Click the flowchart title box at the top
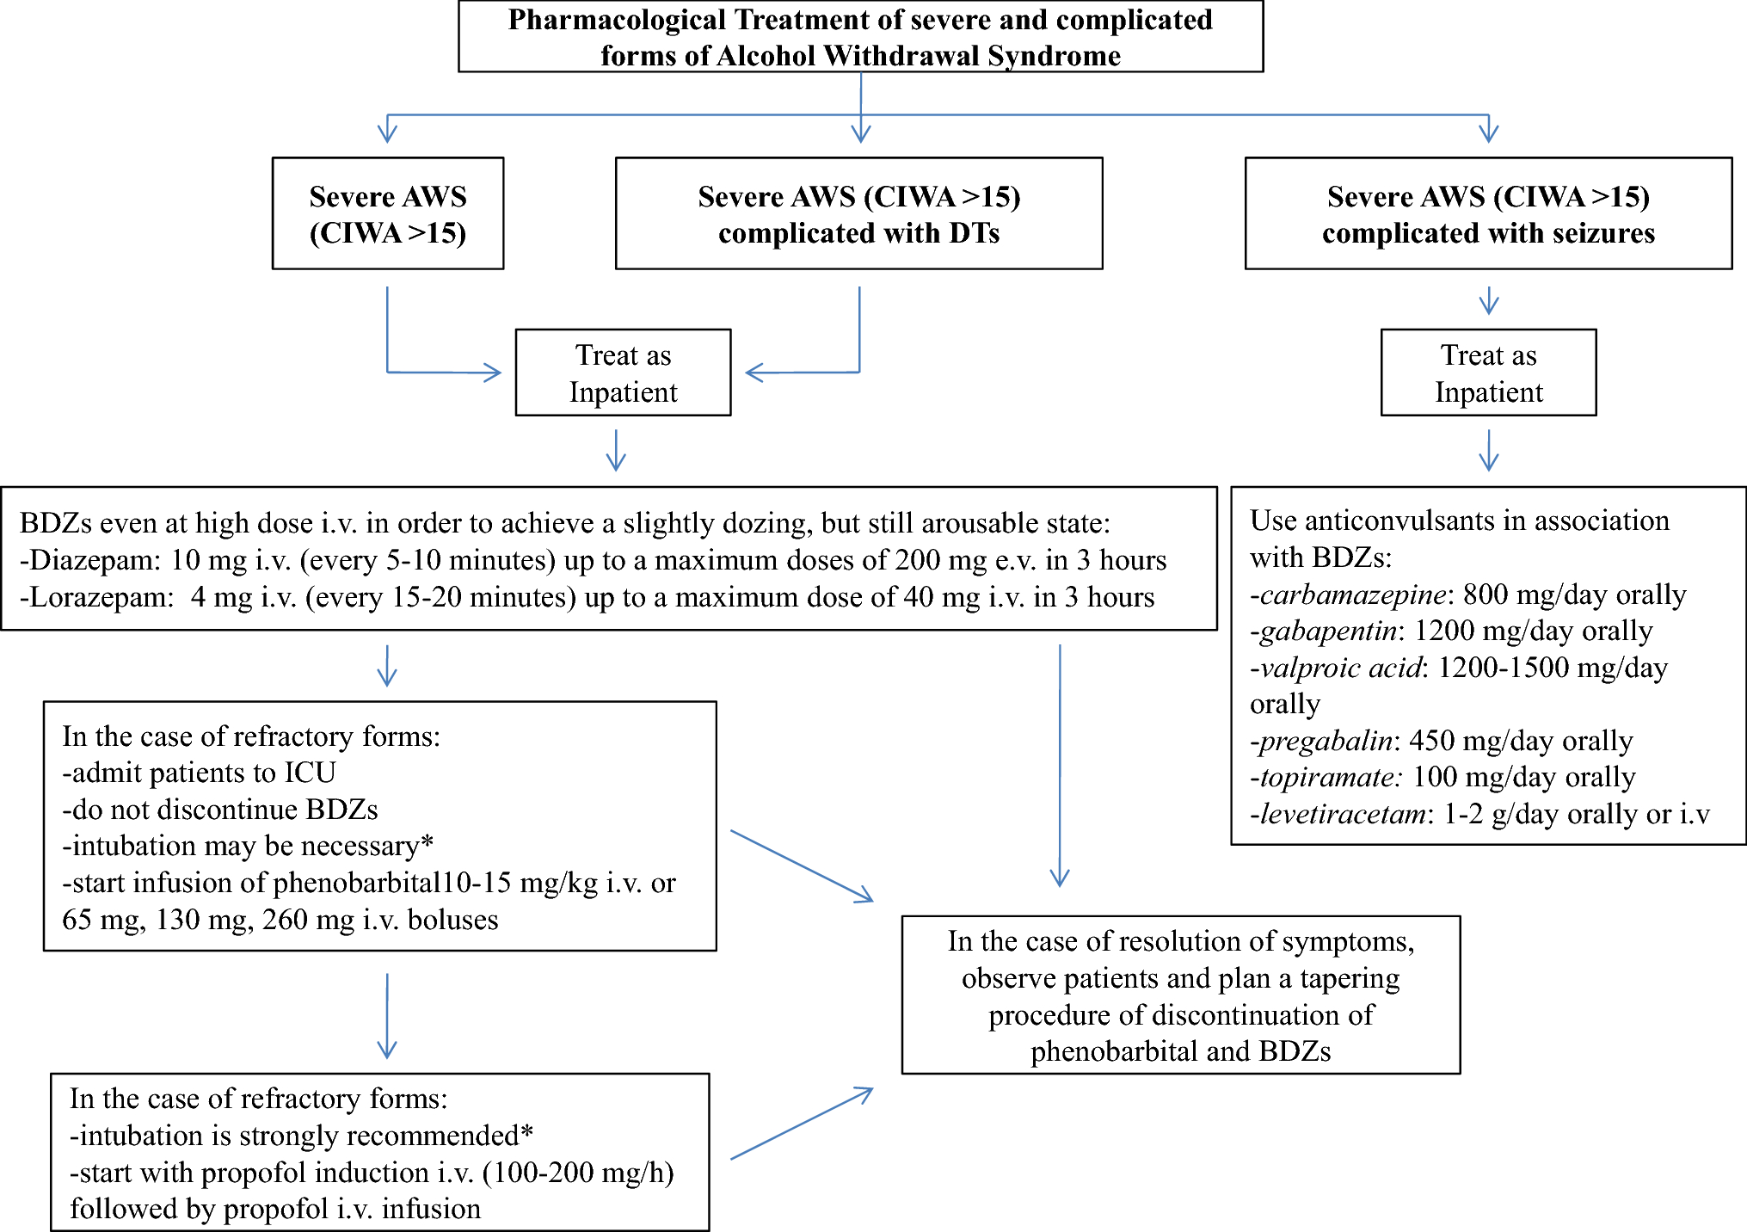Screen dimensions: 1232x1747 click(x=860, y=37)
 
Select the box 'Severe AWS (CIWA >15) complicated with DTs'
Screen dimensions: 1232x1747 click(x=858, y=214)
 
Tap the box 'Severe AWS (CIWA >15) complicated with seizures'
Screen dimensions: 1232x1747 click(x=1488, y=214)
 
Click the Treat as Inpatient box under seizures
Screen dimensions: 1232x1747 click(x=1488, y=373)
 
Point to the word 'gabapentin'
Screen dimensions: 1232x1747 click(x=1328, y=631)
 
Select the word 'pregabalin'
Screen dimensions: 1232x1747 click(x=1326, y=741)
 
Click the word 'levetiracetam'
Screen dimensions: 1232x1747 click(x=1342, y=815)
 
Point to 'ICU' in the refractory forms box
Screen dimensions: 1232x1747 click(x=310, y=773)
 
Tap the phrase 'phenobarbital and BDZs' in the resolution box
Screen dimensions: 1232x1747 click(x=1180, y=1052)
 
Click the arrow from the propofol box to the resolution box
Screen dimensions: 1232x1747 click(x=802, y=1124)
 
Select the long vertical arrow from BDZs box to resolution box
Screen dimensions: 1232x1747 click(x=1060, y=766)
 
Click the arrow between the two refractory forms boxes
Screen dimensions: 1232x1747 click(x=387, y=1015)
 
